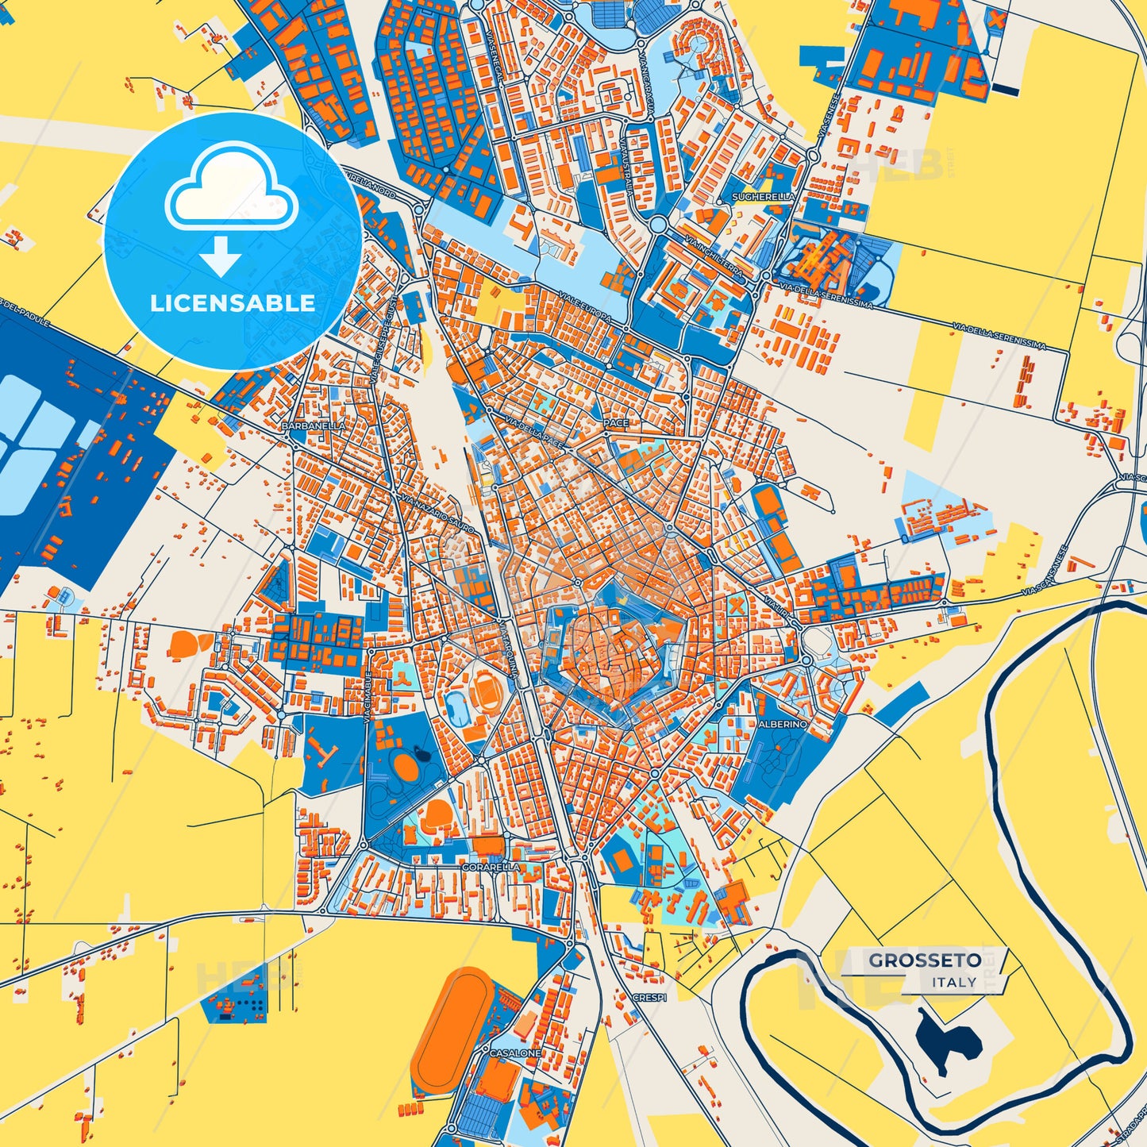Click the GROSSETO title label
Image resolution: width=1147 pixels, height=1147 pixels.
[x=925, y=960]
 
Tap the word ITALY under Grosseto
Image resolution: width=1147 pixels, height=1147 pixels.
[x=954, y=982]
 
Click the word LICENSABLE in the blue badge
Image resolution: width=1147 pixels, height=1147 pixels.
[x=233, y=302]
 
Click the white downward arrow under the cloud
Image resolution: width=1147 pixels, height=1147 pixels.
[x=221, y=256]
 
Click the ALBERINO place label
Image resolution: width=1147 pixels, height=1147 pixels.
[x=783, y=724]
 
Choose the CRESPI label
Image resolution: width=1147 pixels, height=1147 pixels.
[x=649, y=996]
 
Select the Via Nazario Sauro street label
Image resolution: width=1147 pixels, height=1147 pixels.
[x=439, y=514]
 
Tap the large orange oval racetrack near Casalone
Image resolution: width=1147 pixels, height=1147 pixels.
[x=452, y=1021]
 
